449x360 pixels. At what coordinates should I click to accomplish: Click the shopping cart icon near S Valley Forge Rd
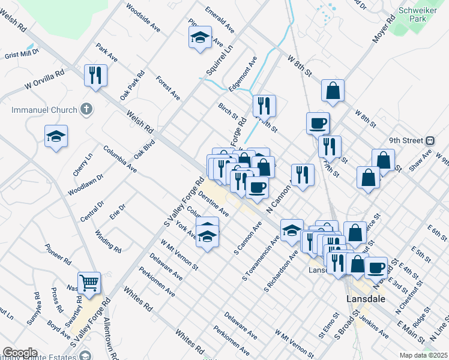pyautogui.click(x=89, y=281)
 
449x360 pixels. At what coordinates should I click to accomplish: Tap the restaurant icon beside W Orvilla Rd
pyautogui.click(x=95, y=76)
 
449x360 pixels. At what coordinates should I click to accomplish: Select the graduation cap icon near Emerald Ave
pyautogui.click(x=200, y=38)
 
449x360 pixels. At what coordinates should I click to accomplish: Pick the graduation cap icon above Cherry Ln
pyautogui.click(x=56, y=137)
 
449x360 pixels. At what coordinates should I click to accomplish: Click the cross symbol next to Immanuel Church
pyautogui.click(x=86, y=110)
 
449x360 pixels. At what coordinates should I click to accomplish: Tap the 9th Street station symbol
pyautogui.click(x=430, y=141)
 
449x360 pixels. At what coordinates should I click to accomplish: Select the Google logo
pyautogui.click(x=19, y=353)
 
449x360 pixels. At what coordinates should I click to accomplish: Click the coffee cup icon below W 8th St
pyautogui.click(x=318, y=124)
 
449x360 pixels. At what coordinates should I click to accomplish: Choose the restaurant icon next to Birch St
pyautogui.click(x=264, y=106)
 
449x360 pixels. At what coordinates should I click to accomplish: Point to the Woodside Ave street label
pyautogui.click(x=142, y=18)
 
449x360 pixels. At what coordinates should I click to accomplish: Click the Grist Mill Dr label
pyautogui.click(x=21, y=55)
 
